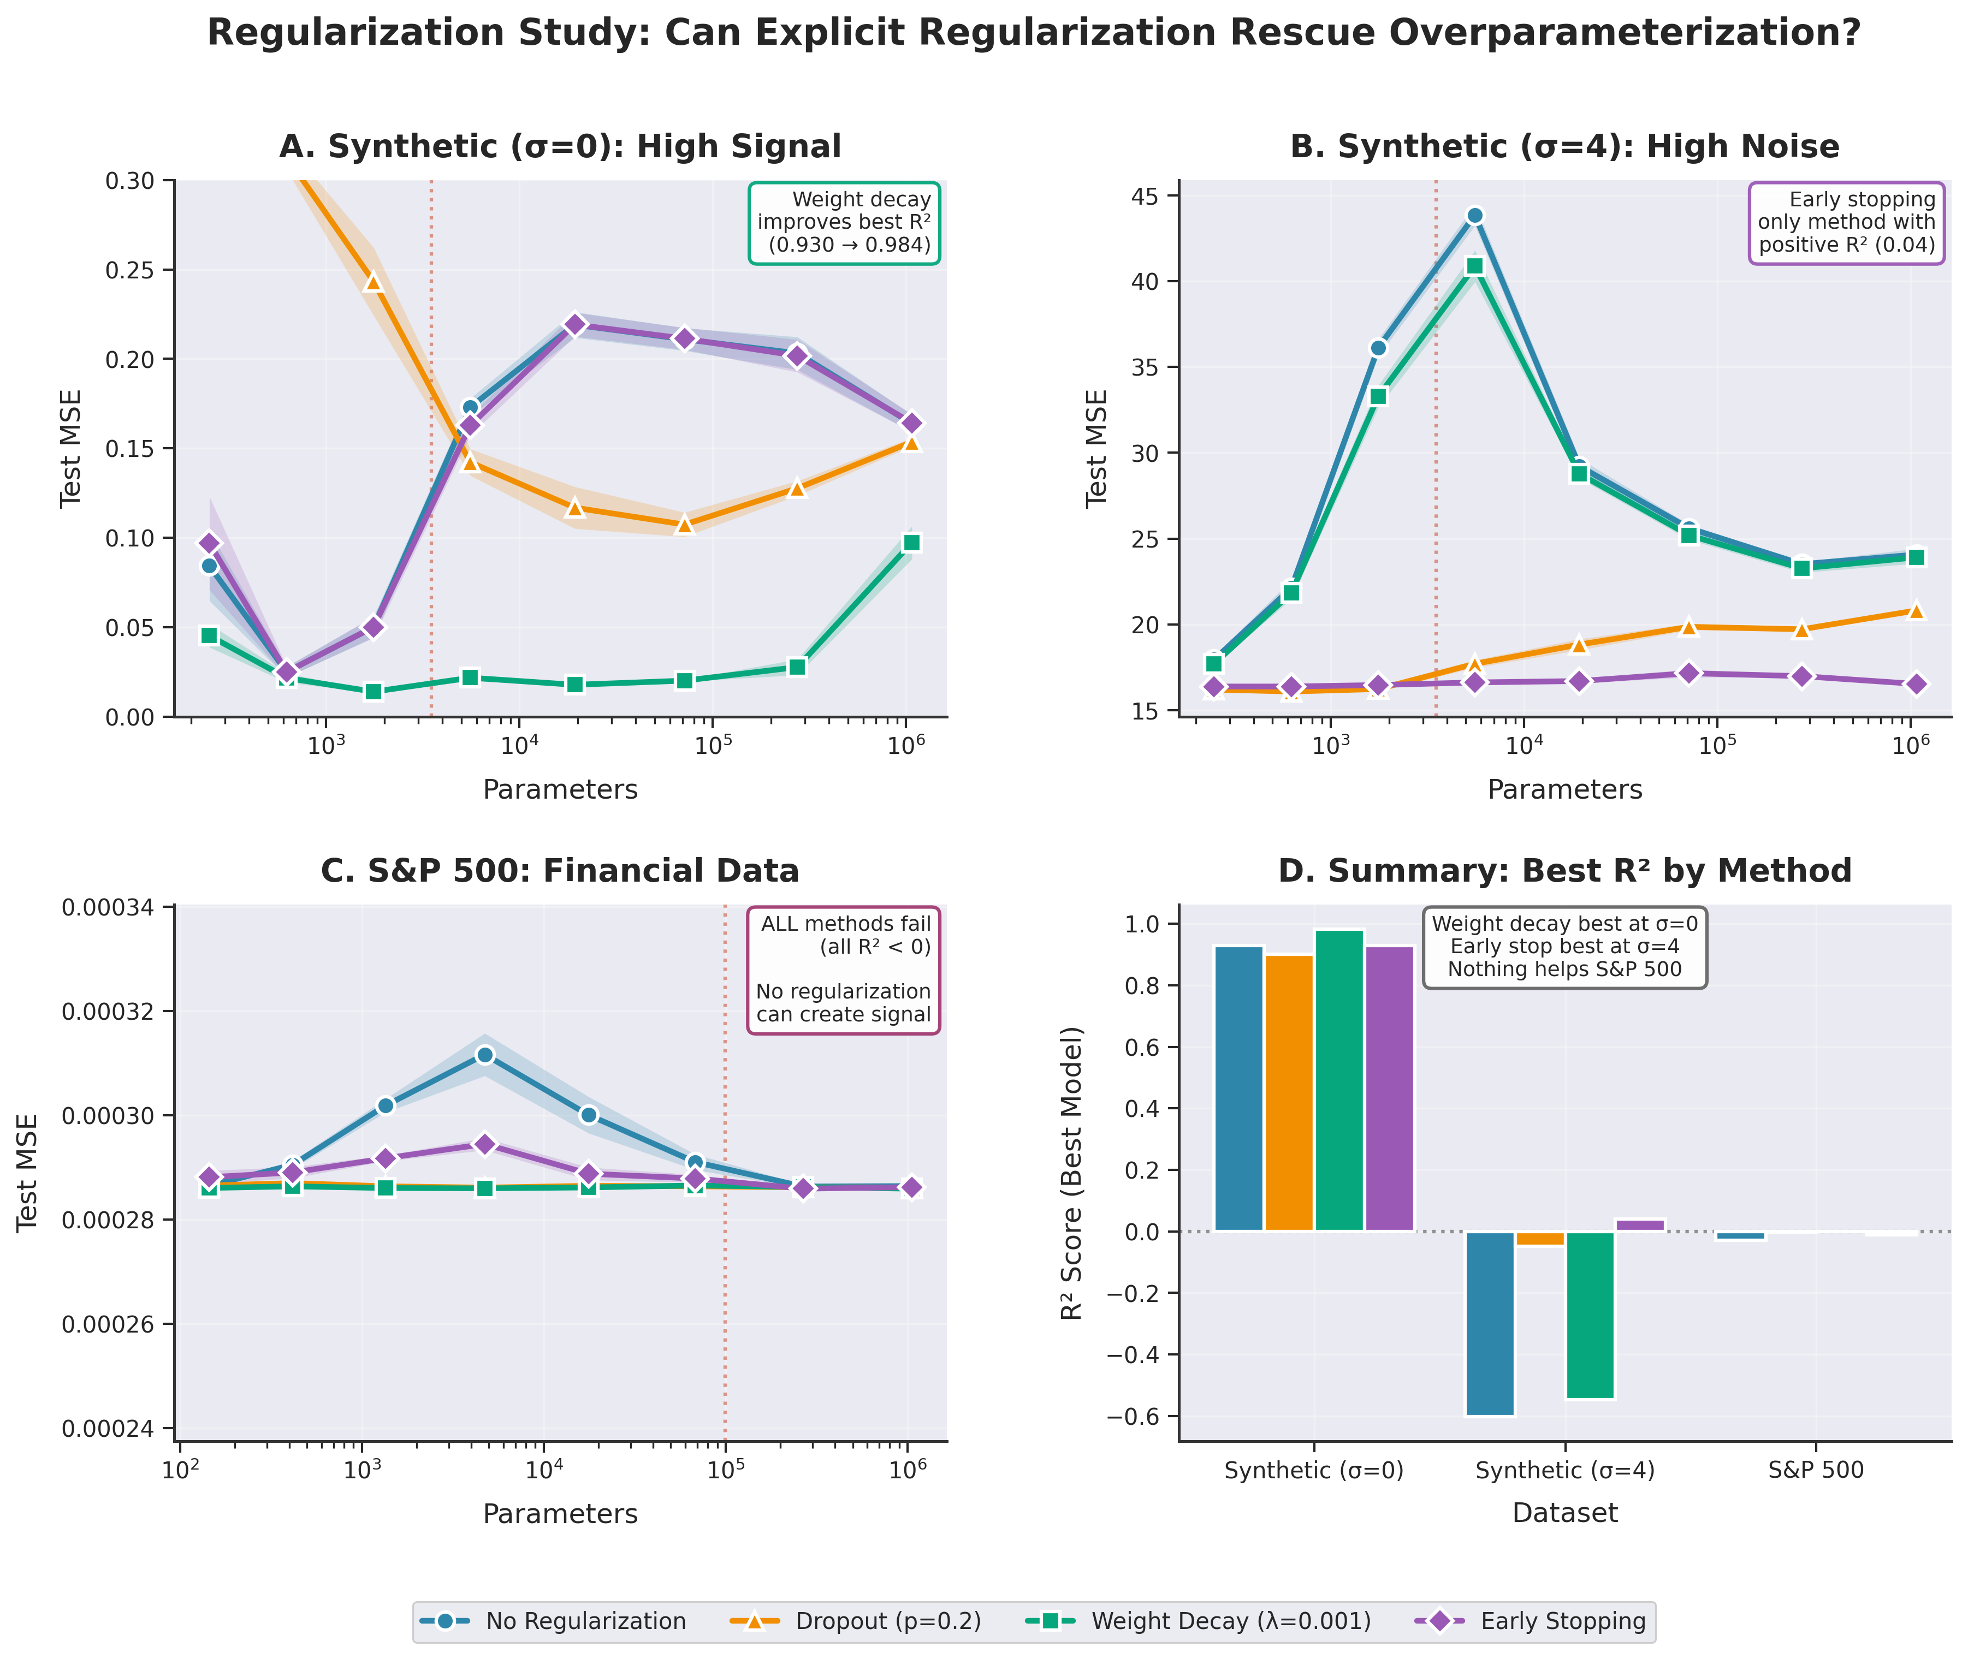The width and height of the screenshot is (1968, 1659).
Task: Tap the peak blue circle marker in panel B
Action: pos(1474,216)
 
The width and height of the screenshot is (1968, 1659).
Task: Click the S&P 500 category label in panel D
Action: pos(1815,1470)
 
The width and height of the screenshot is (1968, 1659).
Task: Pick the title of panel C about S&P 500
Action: pos(560,871)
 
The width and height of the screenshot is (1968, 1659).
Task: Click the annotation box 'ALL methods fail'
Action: pos(843,970)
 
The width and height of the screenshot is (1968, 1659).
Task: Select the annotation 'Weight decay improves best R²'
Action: pos(844,223)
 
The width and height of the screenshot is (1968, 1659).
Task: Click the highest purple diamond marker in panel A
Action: pos(576,324)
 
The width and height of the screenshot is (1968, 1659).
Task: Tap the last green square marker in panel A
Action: pos(911,543)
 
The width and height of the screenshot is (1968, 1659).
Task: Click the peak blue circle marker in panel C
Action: pos(484,1055)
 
